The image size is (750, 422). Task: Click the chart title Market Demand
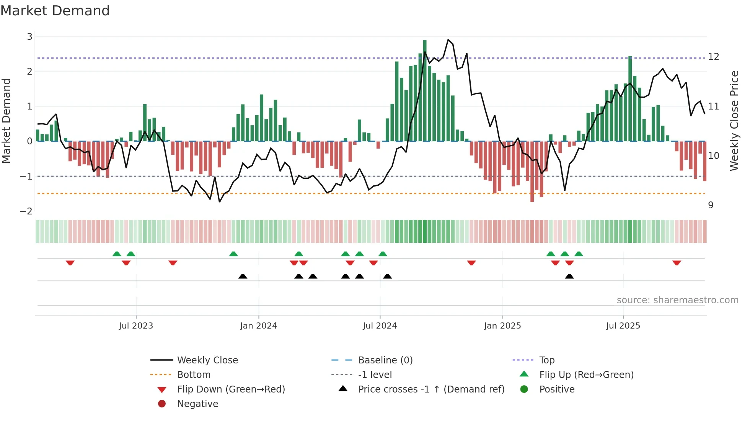coord(55,11)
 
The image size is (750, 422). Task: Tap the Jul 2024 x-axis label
coord(380,326)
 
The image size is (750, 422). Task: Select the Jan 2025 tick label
coord(502,326)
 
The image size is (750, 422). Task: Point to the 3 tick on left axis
coord(29,37)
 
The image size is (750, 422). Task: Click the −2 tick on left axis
coord(26,211)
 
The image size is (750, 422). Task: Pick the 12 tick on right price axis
coord(714,57)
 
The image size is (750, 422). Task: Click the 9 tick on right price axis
coord(711,205)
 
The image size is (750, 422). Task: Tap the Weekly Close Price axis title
coord(734,121)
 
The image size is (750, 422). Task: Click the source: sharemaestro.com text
coord(677,300)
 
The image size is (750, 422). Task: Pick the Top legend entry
coord(546,360)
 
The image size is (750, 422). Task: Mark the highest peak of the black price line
coord(448,39)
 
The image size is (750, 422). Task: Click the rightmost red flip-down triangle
coord(677,263)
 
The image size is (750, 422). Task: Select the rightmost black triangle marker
coord(569,276)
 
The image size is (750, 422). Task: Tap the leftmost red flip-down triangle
coord(70,263)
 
